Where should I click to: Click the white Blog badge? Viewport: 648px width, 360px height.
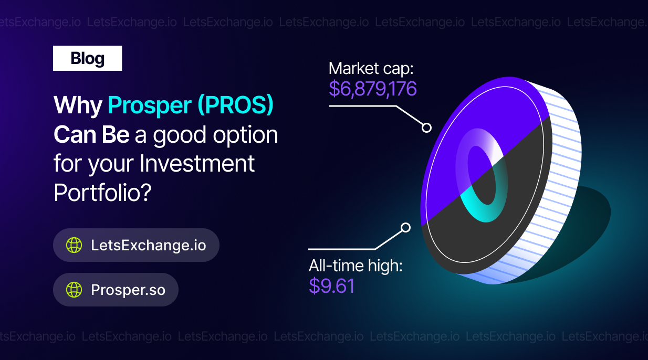tap(87, 58)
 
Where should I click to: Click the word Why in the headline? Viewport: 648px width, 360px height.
tap(78, 105)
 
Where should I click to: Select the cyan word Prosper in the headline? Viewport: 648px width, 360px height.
tap(150, 105)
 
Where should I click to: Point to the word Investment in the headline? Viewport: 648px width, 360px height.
tap(197, 164)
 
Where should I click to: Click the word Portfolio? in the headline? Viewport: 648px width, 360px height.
tap(103, 193)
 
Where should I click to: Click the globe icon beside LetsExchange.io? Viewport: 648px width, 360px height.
tap(74, 245)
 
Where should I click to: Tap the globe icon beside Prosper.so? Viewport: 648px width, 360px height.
tap(74, 290)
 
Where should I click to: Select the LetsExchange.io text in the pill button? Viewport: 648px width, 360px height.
tap(149, 245)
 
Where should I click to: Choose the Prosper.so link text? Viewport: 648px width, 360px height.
tap(128, 290)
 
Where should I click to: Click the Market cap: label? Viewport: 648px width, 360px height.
tap(371, 69)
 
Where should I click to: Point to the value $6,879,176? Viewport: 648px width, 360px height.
tap(373, 89)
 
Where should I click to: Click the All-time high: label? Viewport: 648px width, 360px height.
tap(356, 266)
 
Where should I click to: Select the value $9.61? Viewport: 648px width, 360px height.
tap(331, 286)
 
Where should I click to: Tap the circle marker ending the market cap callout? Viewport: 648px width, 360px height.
tap(426, 128)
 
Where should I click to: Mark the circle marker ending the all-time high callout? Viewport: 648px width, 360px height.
tap(405, 228)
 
